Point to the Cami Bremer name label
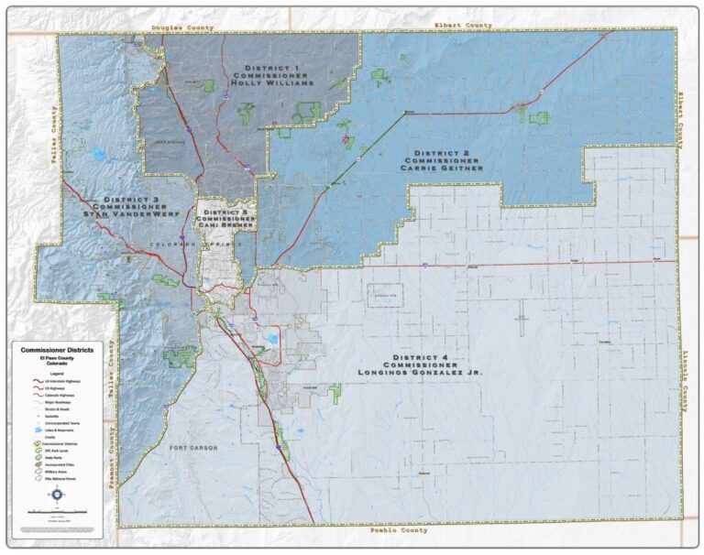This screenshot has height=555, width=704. [x=225, y=225]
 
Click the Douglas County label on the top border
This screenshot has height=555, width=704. [x=182, y=28]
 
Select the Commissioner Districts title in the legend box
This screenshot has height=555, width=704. [x=59, y=351]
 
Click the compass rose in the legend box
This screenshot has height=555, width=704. [x=59, y=495]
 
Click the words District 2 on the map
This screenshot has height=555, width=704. [x=440, y=152]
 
